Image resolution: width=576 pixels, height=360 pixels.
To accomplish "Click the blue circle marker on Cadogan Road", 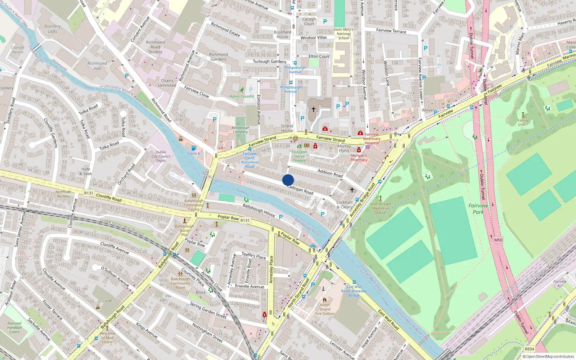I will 288,180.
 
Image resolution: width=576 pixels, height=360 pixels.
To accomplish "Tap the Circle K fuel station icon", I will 194,148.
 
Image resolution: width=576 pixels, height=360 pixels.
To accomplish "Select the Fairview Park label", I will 478,209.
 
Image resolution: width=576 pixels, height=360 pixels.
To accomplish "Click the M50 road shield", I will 498,240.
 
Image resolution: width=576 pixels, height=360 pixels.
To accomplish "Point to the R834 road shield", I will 529,349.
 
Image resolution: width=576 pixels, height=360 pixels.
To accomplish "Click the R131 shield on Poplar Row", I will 245,220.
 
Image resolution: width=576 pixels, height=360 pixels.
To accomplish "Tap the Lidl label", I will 109,301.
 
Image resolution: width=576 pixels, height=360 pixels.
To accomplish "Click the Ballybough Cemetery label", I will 240,130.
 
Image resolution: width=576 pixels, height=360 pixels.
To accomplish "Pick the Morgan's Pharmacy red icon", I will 359,150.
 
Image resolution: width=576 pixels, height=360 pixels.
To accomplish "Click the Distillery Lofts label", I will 53,29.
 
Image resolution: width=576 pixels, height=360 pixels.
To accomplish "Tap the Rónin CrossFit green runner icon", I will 242,90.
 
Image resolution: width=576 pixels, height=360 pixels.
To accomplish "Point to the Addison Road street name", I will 330,173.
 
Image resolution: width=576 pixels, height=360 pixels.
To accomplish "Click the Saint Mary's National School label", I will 343,33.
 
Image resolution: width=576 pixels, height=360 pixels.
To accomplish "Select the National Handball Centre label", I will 14,328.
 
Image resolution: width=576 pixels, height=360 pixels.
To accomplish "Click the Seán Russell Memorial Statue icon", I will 380,198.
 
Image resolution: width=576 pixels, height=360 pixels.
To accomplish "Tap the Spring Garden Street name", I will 208,310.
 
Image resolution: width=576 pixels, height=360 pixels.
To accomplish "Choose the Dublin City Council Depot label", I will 161,156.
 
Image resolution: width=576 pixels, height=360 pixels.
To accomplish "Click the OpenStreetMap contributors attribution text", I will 550,356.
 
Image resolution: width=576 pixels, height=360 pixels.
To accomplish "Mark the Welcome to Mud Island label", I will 107,338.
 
